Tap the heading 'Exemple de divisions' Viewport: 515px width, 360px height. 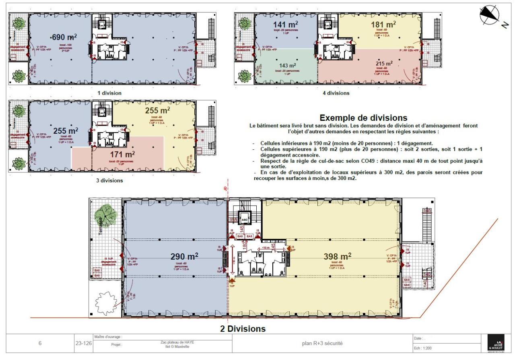(363, 118)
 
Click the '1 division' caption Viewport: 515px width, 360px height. (109, 93)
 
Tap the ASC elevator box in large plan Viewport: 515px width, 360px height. (245, 219)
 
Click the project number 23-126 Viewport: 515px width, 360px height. (83, 343)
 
